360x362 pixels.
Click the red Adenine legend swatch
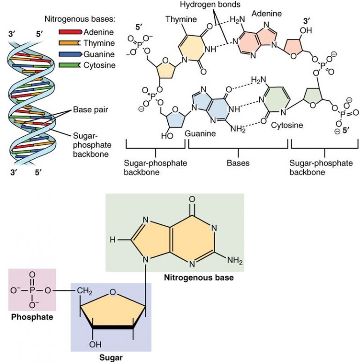click(70, 32)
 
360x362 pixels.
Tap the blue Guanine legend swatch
click(70, 54)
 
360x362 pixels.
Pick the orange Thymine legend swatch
click(70, 43)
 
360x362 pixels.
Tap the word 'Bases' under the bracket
click(238, 163)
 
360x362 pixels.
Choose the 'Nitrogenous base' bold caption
click(199, 278)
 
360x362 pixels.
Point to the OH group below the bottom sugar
click(96, 345)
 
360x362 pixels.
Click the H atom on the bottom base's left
click(112, 239)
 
